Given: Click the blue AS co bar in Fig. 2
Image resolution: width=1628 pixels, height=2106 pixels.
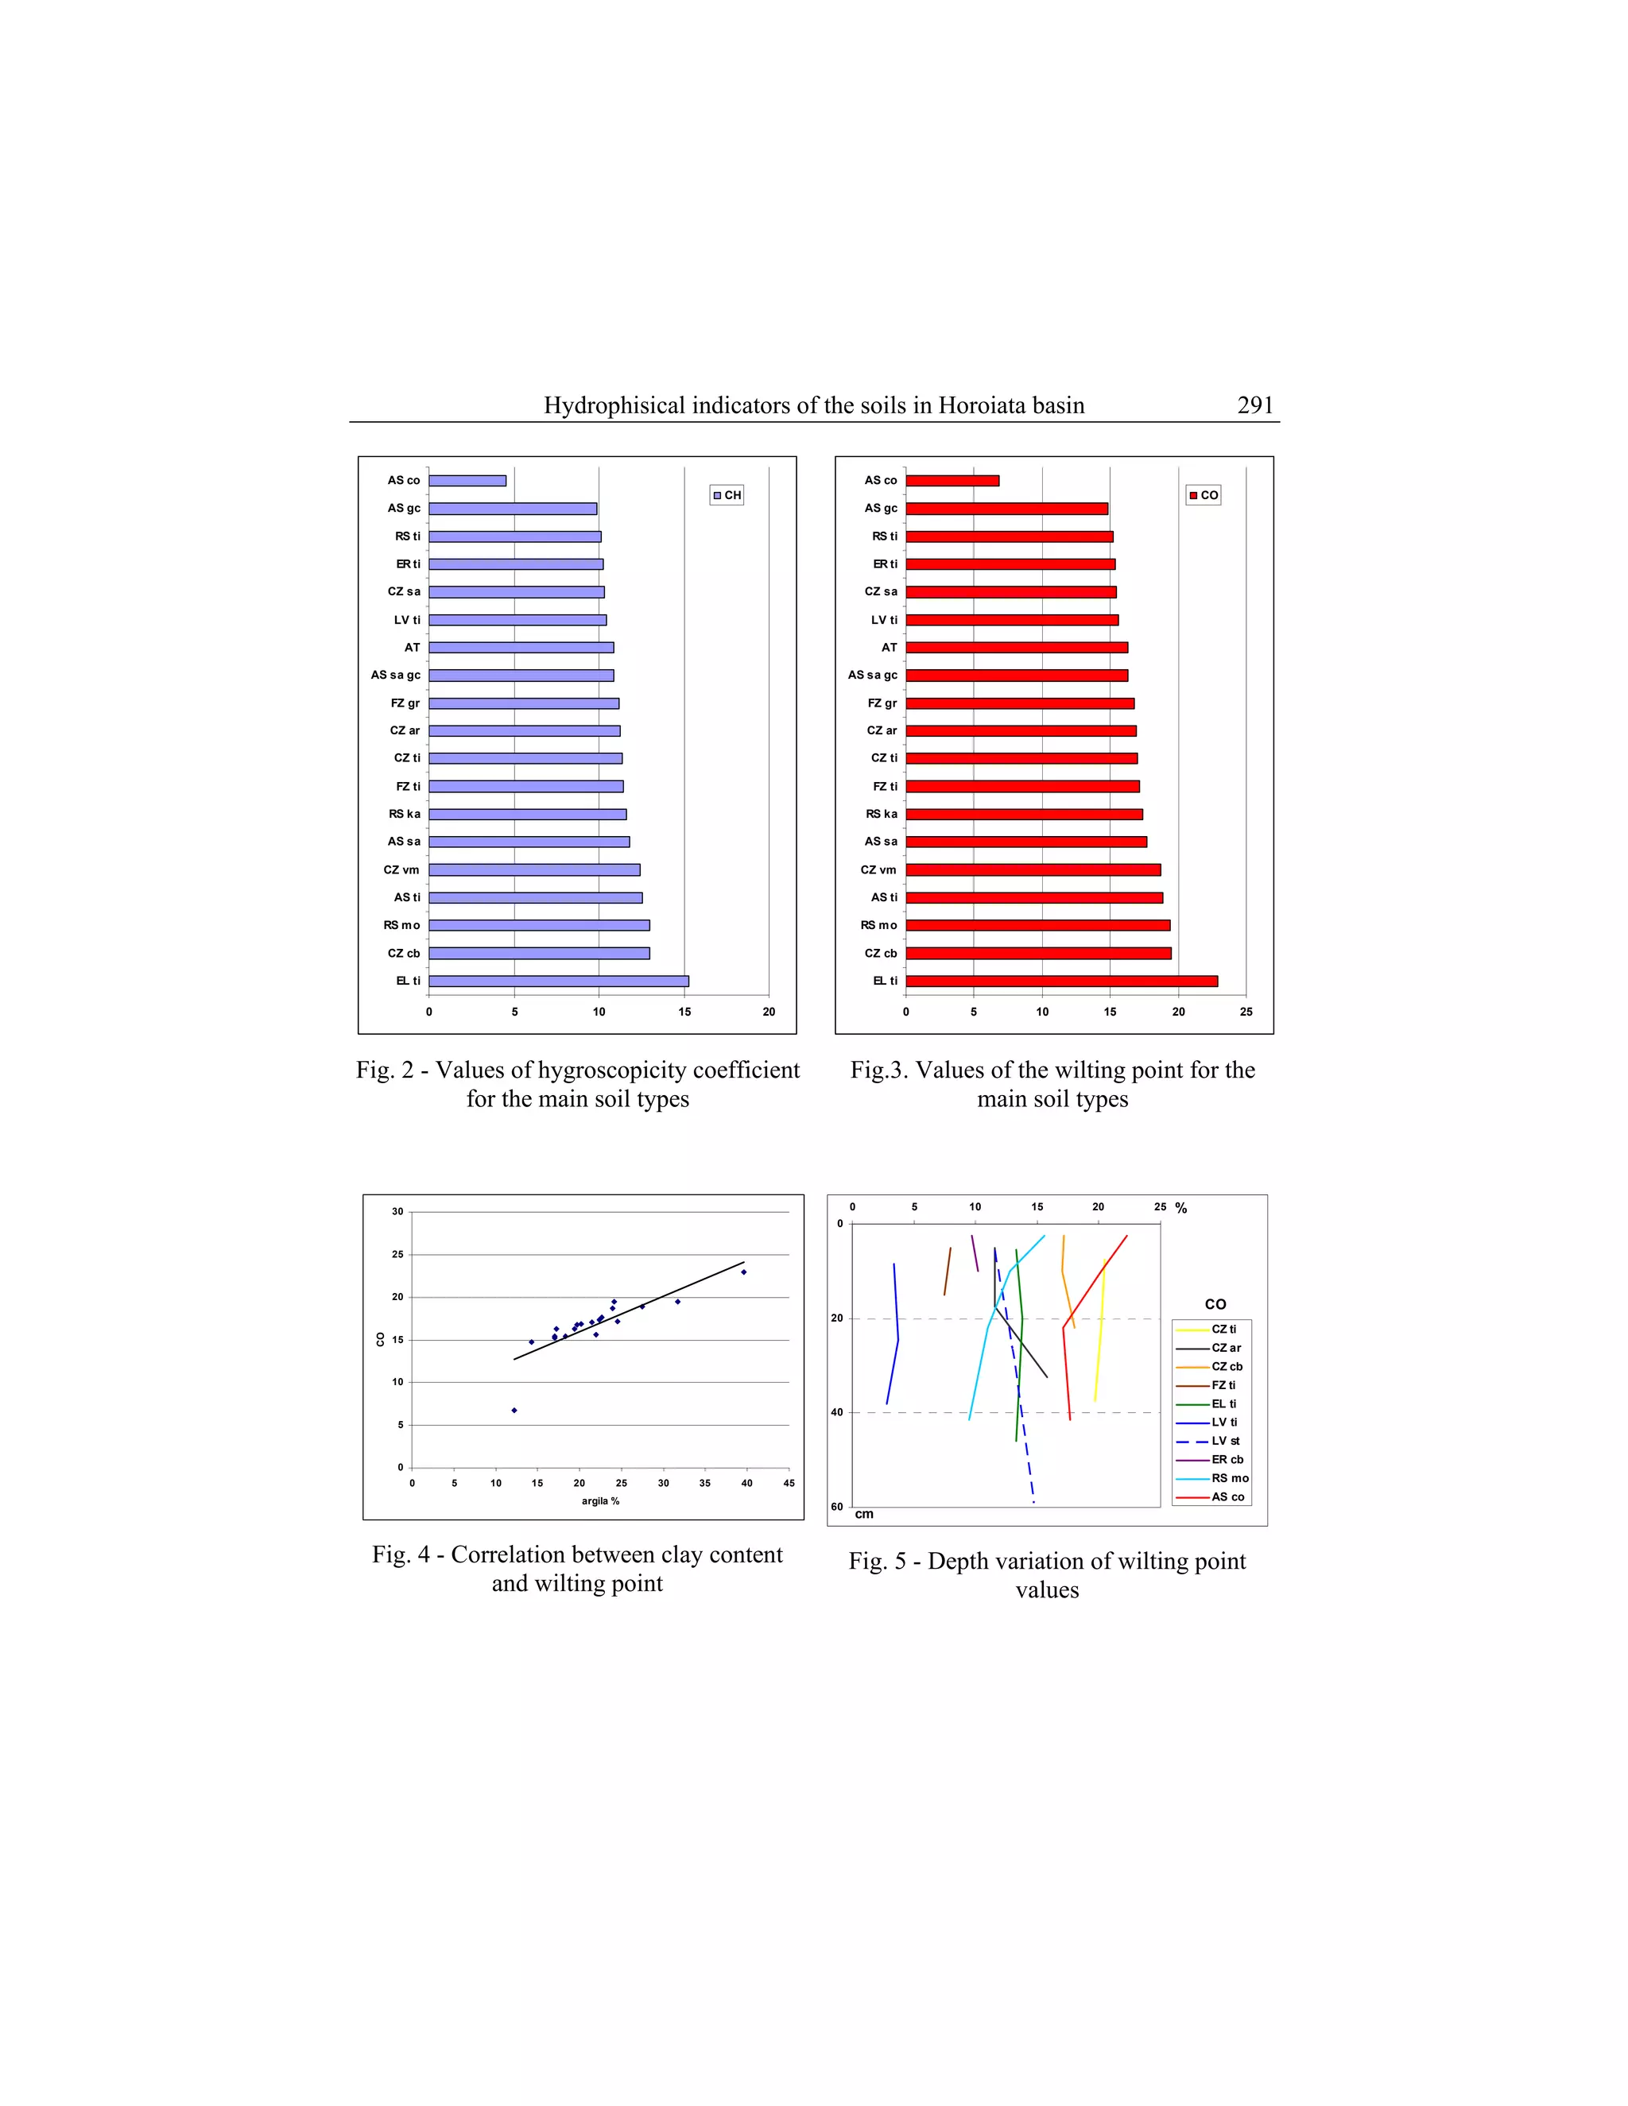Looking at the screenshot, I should (x=467, y=480).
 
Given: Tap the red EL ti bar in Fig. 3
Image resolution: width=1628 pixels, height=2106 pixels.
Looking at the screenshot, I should (x=1061, y=981).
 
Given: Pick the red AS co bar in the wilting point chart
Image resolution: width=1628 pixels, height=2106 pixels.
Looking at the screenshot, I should (x=952, y=480).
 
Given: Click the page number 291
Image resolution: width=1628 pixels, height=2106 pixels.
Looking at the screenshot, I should (x=1254, y=406).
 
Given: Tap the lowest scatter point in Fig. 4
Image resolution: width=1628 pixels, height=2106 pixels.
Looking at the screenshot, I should (x=514, y=1411).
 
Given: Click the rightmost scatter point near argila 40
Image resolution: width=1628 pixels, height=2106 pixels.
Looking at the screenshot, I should (x=743, y=1272).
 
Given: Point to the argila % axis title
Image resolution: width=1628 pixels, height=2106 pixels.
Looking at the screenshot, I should (x=600, y=1501).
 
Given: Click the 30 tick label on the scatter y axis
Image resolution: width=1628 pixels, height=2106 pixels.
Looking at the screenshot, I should (x=397, y=1212).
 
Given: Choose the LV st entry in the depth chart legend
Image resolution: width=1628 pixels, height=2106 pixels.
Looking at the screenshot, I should (x=1225, y=1442).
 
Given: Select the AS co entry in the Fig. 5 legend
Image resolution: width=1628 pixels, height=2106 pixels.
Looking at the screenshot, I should (x=1227, y=1497).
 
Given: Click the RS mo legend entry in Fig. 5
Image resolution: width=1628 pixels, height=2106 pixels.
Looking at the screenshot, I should (x=1230, y=1478).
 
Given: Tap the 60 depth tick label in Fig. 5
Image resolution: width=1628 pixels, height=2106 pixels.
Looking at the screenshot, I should (x=837, y=1506).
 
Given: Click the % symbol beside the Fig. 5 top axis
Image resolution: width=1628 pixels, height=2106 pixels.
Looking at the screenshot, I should (x=1181, y=1208).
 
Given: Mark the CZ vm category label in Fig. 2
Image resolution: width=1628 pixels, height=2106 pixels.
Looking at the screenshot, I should (x=402, y=869).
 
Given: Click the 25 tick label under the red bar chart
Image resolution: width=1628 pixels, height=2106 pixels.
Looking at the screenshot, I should (x=1246, y=1012).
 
